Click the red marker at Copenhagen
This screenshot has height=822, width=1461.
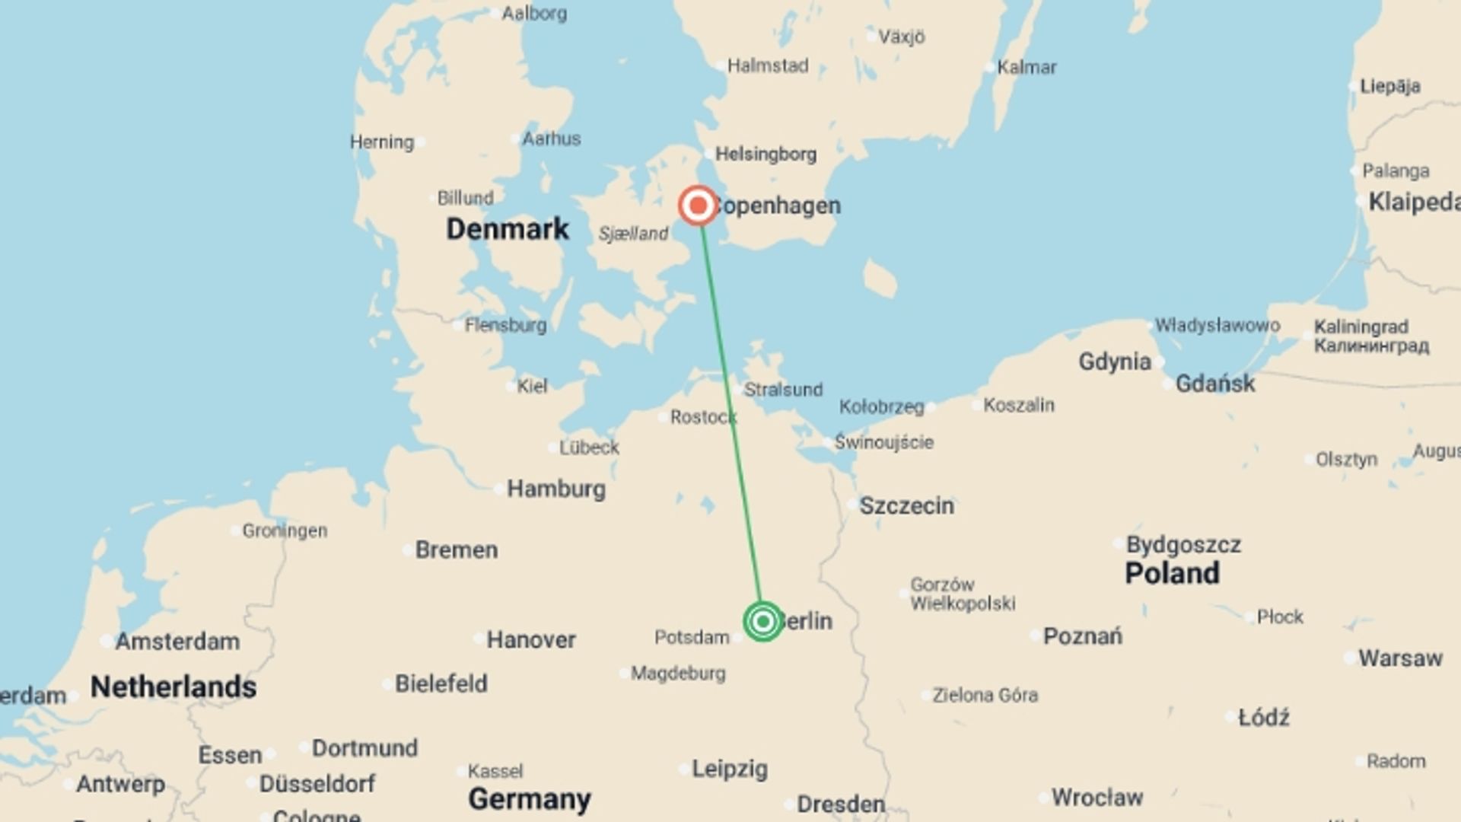(698, 205)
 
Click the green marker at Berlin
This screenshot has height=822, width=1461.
(762, 621)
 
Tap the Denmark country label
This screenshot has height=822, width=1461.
(507, 228)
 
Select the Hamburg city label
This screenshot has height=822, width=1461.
(556, 489)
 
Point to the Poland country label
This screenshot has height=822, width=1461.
(1172, 573)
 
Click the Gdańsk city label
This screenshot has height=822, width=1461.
(1214, 384)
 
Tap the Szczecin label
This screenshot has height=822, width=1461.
(906, 505)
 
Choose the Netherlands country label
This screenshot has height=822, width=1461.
(173, 687)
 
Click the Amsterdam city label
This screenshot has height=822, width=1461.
(177, 642)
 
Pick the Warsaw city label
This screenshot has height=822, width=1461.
(1400, 658)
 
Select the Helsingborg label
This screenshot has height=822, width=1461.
(766, 155)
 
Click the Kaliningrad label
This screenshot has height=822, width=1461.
(1361, 327)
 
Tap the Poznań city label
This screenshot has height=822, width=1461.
(1082, 636)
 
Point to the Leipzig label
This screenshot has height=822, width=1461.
(729, 769)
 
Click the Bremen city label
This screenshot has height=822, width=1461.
(457, 550)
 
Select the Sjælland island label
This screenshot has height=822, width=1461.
(633, 234)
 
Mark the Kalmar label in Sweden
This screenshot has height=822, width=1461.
(1027, 67)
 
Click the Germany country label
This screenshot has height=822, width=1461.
(530, 798)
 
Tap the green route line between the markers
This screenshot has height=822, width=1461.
(730, 415)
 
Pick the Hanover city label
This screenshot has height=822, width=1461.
(531, 639)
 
